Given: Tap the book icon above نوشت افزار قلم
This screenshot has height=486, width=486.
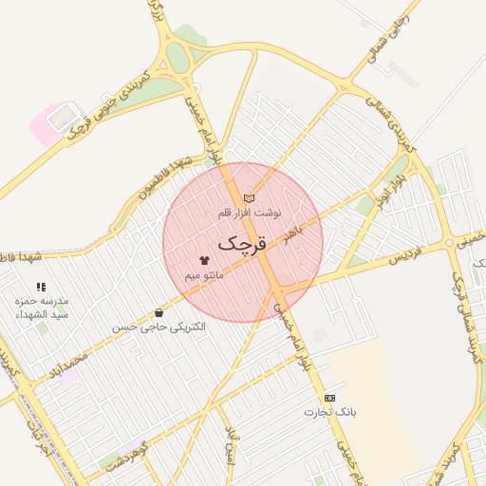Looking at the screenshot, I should pyautogui.click(x=249, y=198).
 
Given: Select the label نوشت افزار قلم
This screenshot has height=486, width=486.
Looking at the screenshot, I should pyautogui.click(x=250, y=213).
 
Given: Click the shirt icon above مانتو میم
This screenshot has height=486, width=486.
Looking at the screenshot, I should pyautogui.click(x=204, y=258).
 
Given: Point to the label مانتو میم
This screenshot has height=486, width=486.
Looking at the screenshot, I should pyautogui.click(x=204, y=273).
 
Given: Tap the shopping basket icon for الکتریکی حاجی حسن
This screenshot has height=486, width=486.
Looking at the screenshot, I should pyautogui.click(x=158, y=312).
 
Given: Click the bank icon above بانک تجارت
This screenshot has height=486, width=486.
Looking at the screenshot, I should pyautogui.click(x=329, y=398).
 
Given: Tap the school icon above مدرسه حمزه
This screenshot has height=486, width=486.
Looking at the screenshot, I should pyautogui.click(x=41, y=286).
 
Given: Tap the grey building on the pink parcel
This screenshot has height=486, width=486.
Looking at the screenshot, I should pyautogui.click(x=63, y=117).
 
